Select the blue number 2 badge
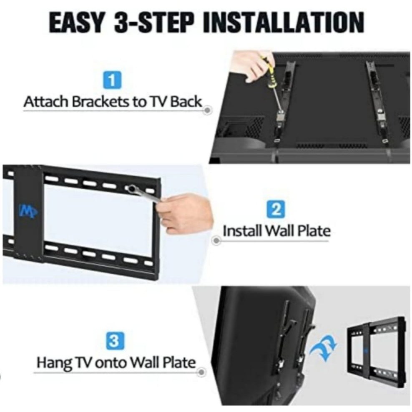pyautogui.click(x=274, y=209)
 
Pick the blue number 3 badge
pyautogui.click(x=113, y=341)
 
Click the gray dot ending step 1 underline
pyautogui.click(x=208, y=110)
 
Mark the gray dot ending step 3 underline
pyautogui.click(x=201, y=372)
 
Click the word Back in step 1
pyautogui.click(x=186, y=101)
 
